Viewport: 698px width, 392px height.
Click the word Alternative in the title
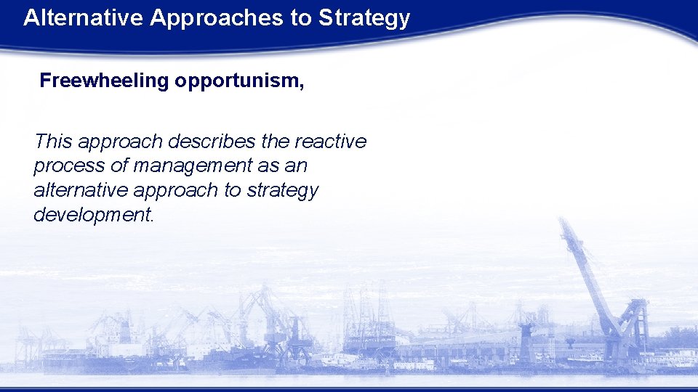pyautogui.click(x=84, y=18)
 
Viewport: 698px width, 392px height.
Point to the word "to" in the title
pyautogui.click(x=301, y=18)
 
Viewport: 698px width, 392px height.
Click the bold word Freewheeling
pyautogui.click(x=104, y=81)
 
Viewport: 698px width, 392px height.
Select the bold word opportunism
pyautogui.click(x=236, y=81)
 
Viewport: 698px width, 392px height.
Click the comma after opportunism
pyautogui.click(x=302, y=84)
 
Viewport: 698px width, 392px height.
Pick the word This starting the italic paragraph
pyautogui.click(x=53, y=141)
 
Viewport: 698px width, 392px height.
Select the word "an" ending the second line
pyautogui.click(x=296, y=166)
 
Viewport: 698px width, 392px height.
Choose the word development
pyautogui.click(x=94, y=216)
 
